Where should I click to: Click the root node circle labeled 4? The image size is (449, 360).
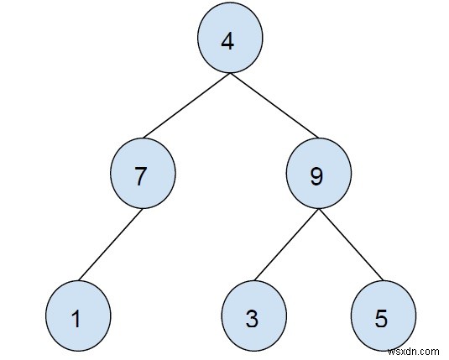(x=230, y=41)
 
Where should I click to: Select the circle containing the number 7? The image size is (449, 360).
(x=143, y=175)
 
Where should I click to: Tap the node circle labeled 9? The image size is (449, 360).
(x=319, y=175)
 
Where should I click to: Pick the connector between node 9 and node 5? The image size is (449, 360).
(x=351, y=245)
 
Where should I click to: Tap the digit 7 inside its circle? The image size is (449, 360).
(x=142, y=177)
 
